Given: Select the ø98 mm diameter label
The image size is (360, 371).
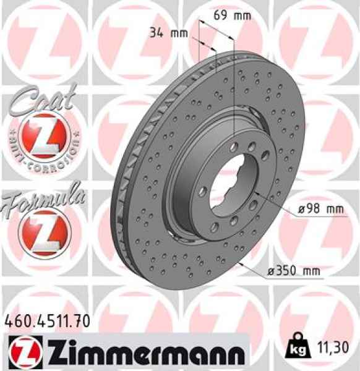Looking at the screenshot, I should click(x=319, y=210).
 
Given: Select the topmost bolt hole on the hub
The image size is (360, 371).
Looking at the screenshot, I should click(x=236, y=146).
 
